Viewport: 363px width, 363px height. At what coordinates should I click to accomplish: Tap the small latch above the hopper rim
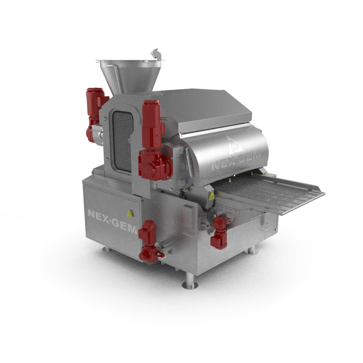pos(155,54)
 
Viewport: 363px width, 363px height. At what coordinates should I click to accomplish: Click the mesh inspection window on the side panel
pos(123,141)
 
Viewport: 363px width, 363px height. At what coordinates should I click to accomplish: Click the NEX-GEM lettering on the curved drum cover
pos(235,160)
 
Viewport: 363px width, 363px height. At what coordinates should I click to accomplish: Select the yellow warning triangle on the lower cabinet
pos(129,214)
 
